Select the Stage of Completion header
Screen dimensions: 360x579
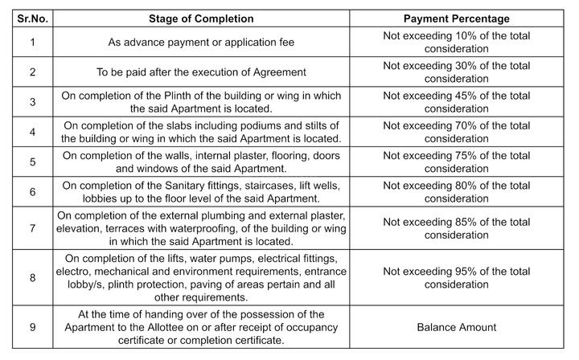(x=201, y=18)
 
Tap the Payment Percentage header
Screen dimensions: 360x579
(x=456, y=18)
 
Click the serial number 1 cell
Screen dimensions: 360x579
(x=31, y=42)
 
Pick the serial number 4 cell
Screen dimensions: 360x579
(x=31, y=132)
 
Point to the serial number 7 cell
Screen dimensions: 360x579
(x=31, y=228)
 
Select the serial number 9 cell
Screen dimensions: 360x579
(x=31, y=328)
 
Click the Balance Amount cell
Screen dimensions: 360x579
(x=456, y=328)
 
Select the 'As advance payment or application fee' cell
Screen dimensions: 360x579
(x=201, y=42)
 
